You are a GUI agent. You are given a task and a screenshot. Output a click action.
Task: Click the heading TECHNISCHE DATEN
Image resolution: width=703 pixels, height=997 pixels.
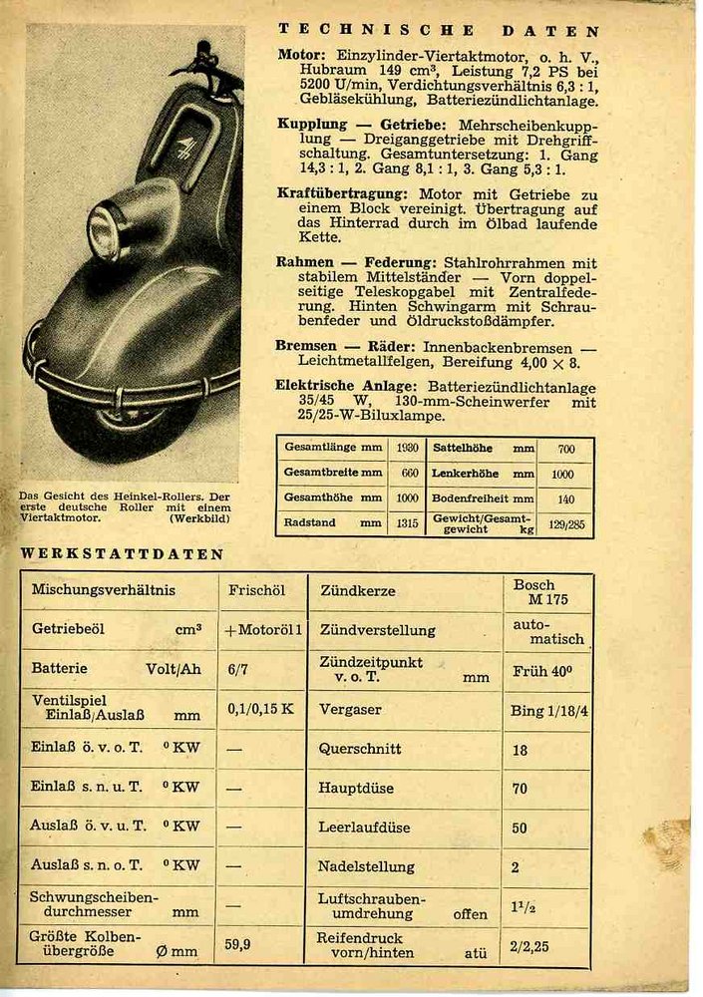click(x=439, y=31)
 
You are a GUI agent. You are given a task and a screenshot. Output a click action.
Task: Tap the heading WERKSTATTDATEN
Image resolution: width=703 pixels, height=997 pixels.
click(x=123, y=554)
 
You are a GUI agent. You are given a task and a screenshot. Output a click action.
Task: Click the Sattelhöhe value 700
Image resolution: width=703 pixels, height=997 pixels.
click(x=565, y=449)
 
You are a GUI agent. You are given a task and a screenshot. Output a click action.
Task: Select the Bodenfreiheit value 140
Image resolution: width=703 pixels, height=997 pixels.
click(x=565, y=498)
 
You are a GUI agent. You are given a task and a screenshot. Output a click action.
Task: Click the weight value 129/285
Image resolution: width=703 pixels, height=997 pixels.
click(x=565, y=523)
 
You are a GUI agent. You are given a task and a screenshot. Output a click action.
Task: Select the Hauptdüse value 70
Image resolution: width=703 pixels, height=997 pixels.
click(x=520, y=788)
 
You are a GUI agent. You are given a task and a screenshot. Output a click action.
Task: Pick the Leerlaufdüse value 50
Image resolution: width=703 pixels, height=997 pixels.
click(x=520, y=828)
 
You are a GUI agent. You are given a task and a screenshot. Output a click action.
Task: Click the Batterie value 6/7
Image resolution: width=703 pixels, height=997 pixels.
click(x=237, y=670)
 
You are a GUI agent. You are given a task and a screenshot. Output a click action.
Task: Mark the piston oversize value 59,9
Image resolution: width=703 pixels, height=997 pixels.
click(x=237, y=943)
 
